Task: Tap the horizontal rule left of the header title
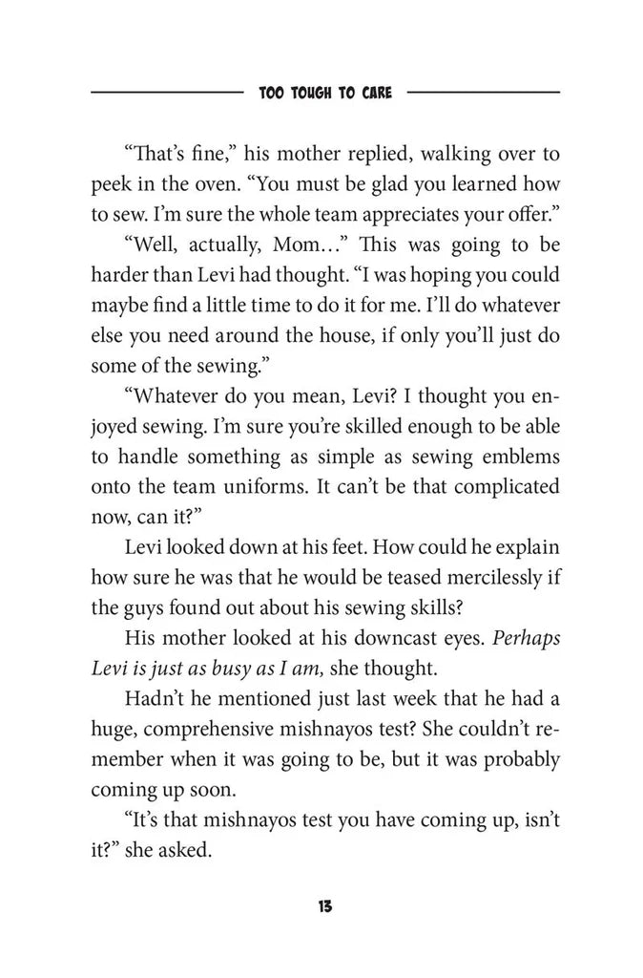pyautogui.click(x=166, y=94)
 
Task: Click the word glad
pyautogui.click(x=329, y=181)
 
